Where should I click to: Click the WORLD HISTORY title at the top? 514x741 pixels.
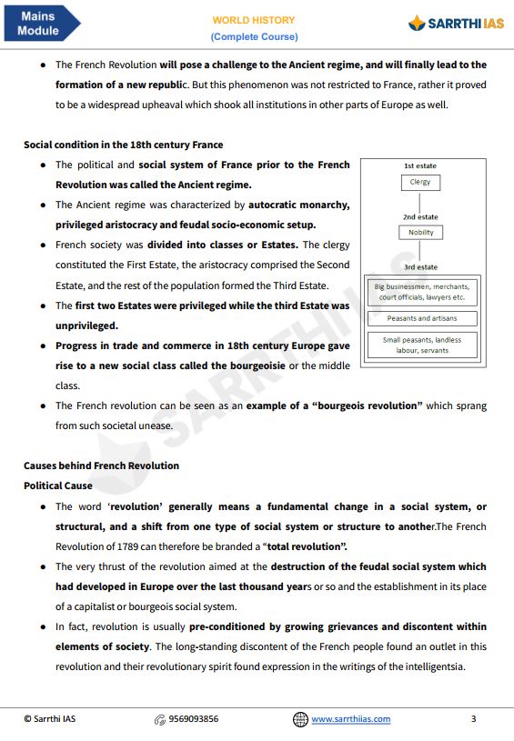tap(254, 20)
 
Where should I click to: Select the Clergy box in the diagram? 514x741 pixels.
tap(420, 182)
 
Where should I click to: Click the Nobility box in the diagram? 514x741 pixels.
tap(420, 232)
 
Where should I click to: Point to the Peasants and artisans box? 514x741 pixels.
tap(421, 318)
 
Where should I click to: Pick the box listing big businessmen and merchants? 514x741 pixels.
tap(421, 291)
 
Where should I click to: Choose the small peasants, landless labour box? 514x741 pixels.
tap(421, 345)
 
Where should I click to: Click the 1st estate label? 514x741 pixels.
tap(420, 166)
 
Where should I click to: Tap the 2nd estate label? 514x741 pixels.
tap(420, 217)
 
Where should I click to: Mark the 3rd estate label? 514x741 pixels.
tap(420, 267)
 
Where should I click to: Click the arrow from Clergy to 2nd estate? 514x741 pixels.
tap(420, 201)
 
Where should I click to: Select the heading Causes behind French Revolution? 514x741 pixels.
tap(101, 466)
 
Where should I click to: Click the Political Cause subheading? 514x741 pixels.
tap(57, 486)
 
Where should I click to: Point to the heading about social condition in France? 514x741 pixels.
tap(123, 145)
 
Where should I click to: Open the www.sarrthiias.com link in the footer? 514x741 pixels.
tap(351, 719)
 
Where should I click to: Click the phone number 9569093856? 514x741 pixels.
tap(193, 719)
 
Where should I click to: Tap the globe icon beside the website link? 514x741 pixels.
tap(300, 719)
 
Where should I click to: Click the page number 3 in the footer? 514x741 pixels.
tap(473, 719)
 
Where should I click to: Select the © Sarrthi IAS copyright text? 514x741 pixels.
tap(49, 719)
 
